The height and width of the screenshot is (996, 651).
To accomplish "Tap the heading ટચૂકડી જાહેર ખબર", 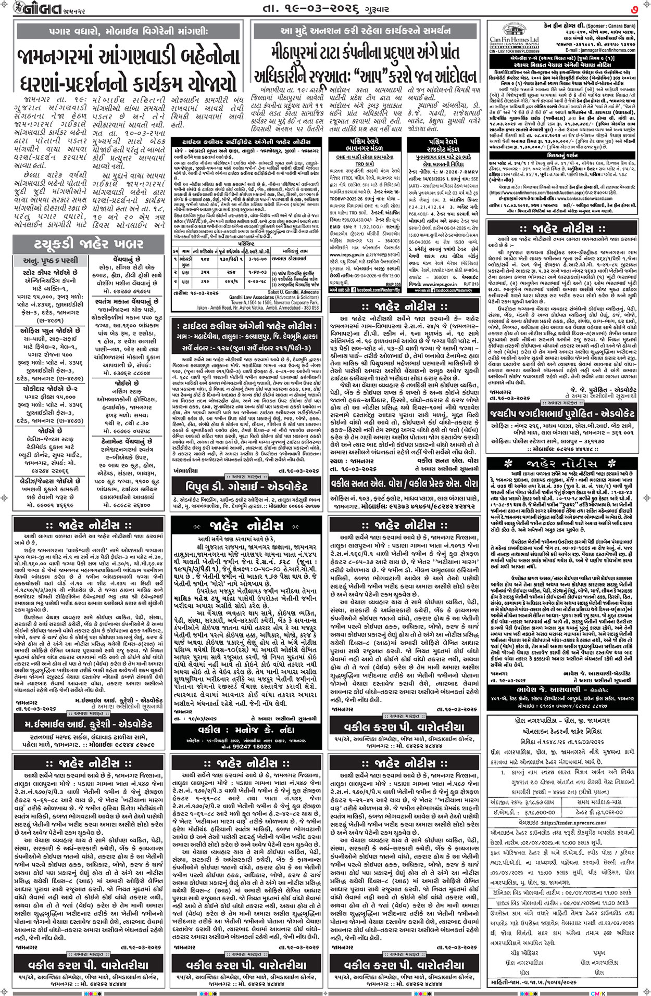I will click(85, 244).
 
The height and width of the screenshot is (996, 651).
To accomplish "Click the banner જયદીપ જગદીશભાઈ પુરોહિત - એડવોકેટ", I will click(562, 413).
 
